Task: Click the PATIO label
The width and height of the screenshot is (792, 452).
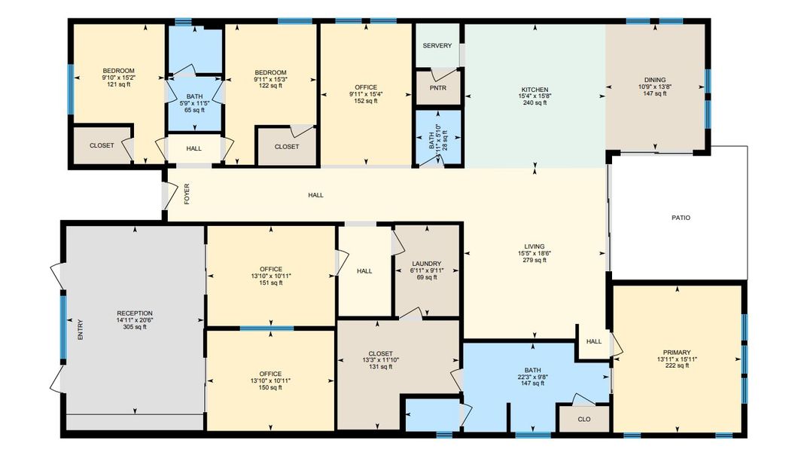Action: tap(681, 218)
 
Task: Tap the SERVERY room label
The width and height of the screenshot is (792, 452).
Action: tap(437, 46)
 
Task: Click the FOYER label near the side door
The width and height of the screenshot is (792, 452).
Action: tap(187, 194)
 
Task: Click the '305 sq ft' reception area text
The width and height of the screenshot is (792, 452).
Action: tap(135, 327)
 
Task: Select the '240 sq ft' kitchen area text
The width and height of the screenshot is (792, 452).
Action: tap(535, 102)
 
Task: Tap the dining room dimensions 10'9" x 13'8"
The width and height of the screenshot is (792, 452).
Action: tap(654, 87)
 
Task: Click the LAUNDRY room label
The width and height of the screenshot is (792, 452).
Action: tap(427, 264)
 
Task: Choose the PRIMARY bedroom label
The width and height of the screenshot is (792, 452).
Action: tap(677, 353)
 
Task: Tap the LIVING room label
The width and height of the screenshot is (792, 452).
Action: tap(535, 246)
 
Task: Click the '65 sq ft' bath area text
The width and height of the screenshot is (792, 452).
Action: tap(193, 110)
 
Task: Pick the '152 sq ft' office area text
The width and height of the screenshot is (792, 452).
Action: tap(365, 101)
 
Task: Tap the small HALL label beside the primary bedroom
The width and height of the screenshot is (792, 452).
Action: tap(594, 341)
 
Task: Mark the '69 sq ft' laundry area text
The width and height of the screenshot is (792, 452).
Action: tap(427, 277)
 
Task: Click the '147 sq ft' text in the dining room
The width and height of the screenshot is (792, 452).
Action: tap(654, 93)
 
